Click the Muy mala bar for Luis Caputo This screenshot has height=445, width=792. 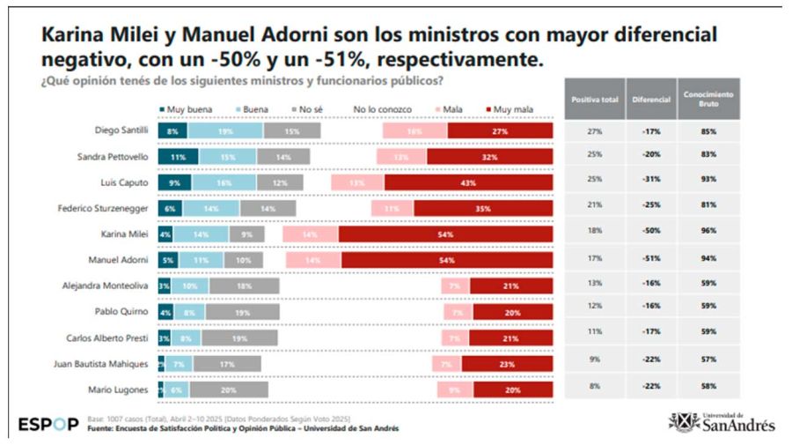coord(468,182)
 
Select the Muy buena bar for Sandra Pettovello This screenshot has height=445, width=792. coord(178,157)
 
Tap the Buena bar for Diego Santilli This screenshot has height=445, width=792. coord(225,131)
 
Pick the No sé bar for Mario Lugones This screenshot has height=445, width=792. coord(229,389)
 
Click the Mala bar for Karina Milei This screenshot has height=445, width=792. coord(310,234)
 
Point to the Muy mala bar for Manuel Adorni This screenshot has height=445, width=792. coord(447,260)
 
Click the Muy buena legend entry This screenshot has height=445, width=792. coord(184,109)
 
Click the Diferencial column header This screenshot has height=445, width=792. coord(651,100)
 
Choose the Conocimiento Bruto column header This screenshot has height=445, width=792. coord(708,100)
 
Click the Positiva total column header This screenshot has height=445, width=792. coord(594,100)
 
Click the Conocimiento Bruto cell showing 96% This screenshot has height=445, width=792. coord(708,233)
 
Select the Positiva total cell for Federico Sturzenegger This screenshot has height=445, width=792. coord(594,207)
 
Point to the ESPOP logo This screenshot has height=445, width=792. coord(48,425)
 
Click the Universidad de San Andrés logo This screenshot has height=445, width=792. coord(722,422)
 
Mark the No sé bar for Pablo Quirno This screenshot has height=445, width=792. coord(240,311)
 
